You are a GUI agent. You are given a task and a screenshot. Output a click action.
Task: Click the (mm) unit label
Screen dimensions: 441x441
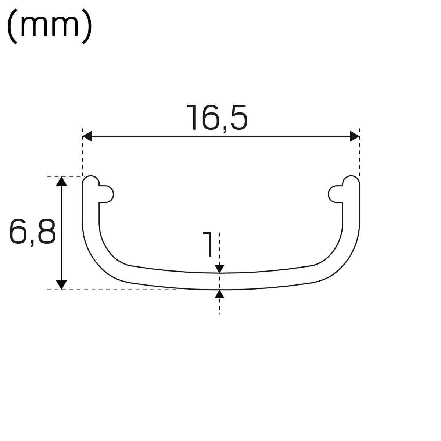pyautogui.click(x=50, y=26)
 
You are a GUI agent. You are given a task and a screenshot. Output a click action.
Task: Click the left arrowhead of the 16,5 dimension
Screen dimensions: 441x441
pyautogui.click(x=87, y=136)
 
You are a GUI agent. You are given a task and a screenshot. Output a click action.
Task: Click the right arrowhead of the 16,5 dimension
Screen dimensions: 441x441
pyautogui.click(x=355, y=136)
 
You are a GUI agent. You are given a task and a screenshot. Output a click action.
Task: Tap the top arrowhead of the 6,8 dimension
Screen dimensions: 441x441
pyautogui.click(x=61, y=181)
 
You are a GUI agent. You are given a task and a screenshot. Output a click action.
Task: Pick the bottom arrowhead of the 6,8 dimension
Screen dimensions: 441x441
pyautogui.click(x=61, y=285)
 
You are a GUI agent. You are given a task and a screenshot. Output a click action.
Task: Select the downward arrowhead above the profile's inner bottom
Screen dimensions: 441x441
pyautogui.click(x=219, y=269)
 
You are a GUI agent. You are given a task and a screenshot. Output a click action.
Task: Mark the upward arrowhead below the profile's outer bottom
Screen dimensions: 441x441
pyautogui.click(x=219, y=294)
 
